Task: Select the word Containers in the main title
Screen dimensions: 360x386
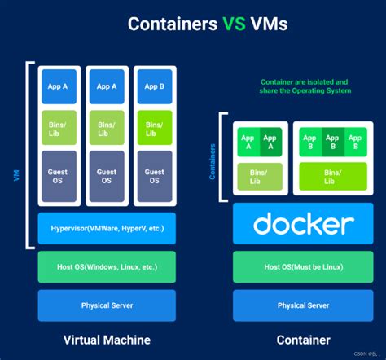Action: click(x=166, y=25)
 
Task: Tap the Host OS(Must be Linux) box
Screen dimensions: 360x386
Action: click(x=303, y=267)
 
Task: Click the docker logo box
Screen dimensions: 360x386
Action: click(x=303, y=224)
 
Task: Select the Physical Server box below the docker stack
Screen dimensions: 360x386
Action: click(x=303, y=305)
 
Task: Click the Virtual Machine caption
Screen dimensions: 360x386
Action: click(x=107, y=340)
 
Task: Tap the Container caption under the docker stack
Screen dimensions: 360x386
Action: click(x=303, y=340)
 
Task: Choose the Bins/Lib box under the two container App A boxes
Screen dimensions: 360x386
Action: click(x=258, y=175)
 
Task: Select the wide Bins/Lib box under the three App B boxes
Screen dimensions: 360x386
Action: click(x=331, y=175)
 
